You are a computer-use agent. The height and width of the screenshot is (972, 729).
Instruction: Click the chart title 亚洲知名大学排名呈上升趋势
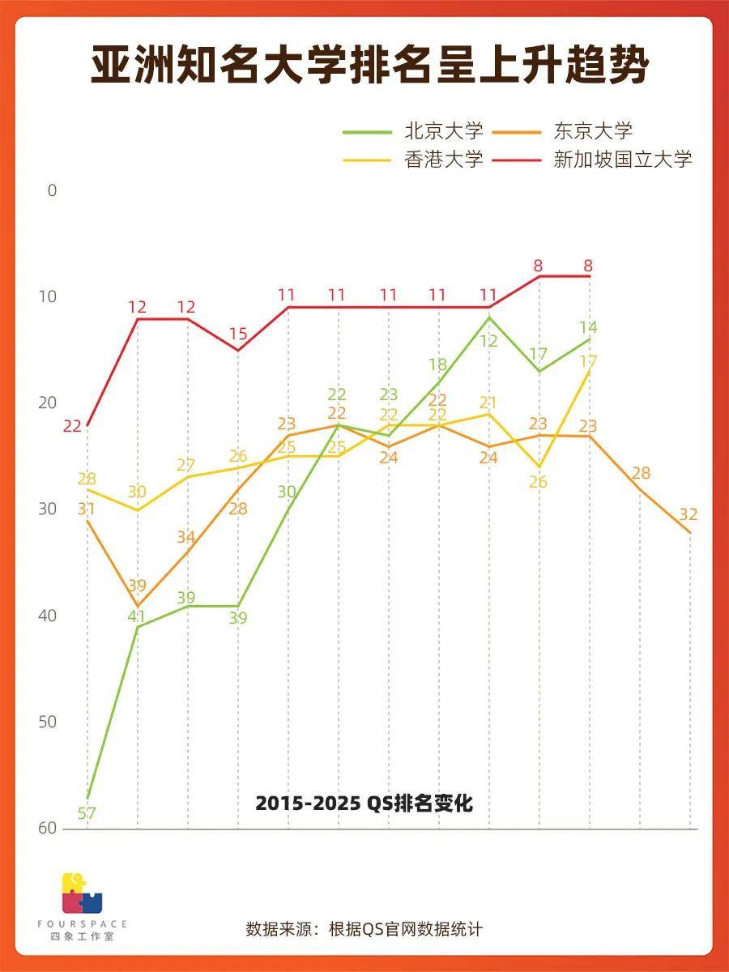coord(369,66)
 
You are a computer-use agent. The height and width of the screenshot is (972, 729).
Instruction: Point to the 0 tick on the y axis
coord(53,190)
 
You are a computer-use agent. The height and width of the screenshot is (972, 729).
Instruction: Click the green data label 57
coord(87,813)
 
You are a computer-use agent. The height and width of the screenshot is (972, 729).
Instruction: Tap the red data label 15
coord(237,334)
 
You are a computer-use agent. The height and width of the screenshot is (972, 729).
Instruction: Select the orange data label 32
coord(688,514)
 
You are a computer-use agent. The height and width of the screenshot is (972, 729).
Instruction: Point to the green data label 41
coord(135,616)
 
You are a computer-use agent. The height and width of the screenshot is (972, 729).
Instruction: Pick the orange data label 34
coord(186,537)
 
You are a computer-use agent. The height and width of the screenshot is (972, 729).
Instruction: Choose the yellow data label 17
coord(589,361)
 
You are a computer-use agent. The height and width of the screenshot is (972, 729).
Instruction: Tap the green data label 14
coord(589,327)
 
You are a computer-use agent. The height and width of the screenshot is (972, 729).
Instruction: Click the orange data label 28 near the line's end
coord(642,473)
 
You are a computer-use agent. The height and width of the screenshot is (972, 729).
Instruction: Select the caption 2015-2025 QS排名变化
coord(364,804)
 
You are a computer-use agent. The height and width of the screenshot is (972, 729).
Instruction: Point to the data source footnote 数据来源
coord(364,928)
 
